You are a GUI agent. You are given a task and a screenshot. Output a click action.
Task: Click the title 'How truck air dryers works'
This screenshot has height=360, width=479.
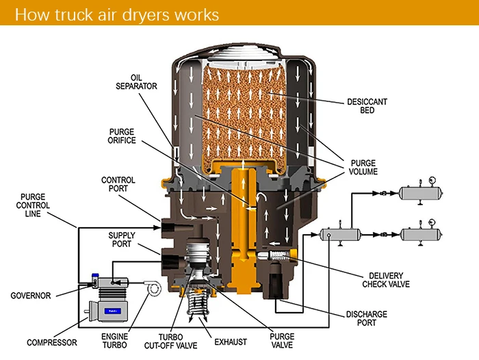[117, 14]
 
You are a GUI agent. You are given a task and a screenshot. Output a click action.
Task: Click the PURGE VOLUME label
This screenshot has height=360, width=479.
[364, 167]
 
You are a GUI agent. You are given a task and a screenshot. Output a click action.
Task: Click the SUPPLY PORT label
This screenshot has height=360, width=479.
[122, 240]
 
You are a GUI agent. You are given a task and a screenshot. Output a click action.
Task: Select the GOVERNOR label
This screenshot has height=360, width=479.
[31, 296]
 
